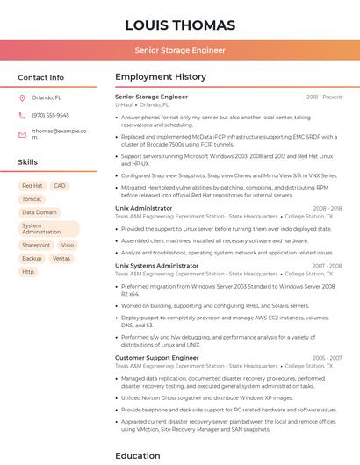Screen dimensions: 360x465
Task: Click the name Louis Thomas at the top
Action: coord(180,25)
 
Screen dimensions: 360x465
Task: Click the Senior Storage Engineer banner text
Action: coord(180,51)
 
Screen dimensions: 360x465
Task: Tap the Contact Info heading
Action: coord(41,77)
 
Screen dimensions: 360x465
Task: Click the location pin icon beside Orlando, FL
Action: coord(22,97)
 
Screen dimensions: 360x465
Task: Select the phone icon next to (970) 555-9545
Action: coord(22,115)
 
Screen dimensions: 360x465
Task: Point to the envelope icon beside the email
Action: coord(22,134)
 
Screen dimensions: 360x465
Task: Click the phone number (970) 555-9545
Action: coord(50,115)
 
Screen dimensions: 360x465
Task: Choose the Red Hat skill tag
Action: coord(32,186)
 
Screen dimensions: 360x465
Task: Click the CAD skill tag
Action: coord(60,186)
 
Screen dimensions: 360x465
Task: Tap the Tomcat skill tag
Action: coord(32,199)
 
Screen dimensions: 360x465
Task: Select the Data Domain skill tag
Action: coord(40,212)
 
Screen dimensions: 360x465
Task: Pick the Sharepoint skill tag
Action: coord(36,246)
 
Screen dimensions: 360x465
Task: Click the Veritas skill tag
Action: coord(61,259)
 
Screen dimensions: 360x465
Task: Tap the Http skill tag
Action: coord(28,272)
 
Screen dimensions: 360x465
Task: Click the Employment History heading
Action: coord(161,77)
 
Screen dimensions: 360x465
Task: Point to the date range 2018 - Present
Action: coord(324,97)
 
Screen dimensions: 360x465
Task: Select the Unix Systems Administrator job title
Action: coord(157,266)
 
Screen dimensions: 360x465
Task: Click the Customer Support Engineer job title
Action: coord(157,358)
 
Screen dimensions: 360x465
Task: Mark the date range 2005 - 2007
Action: coord(327,358)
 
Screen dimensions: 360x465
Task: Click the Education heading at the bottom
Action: coord(139,455)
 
